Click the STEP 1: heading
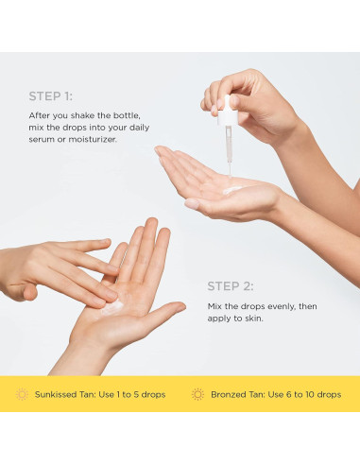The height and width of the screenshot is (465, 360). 51,95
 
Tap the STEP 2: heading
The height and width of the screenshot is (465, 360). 230,285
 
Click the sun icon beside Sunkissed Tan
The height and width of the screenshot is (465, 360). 22,394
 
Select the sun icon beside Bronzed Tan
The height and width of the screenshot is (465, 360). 197,394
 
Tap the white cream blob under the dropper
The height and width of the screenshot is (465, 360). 231,189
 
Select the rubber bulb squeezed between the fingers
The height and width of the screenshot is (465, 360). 226,111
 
